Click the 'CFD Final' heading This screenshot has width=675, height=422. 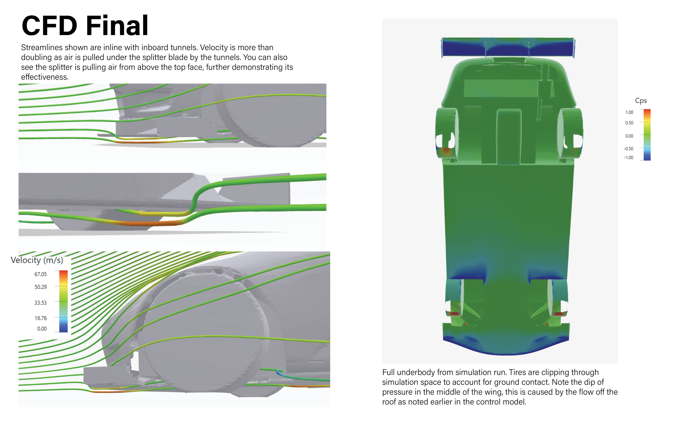click(x=85, y=25)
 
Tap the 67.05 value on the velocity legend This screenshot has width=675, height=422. click(x=40, y=274)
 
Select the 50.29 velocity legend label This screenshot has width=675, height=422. click(x=40, y=287)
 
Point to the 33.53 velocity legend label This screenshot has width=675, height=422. click(x=40, y=303)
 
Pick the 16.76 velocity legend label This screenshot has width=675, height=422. click(x=40, y=318)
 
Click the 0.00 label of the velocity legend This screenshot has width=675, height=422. click(x=42, y=329)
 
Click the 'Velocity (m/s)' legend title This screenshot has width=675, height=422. click(x=37, y=260)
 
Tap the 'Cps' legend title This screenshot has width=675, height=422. click(x=641, y=101)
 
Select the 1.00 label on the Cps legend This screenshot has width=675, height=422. click(x=629, y=112)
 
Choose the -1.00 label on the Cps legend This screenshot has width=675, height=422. click(x=628, y=157)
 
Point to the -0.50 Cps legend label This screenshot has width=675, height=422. click(x=628, y=149)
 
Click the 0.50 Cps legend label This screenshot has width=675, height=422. click(x=629, y=123)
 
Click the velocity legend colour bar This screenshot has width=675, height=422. click(x=63, y=301)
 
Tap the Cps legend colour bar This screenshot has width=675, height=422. click(x=647, y=135)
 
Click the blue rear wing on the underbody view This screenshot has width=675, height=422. click(x=508, y=48)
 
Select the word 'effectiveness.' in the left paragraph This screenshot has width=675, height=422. click(x=45, y=77)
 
